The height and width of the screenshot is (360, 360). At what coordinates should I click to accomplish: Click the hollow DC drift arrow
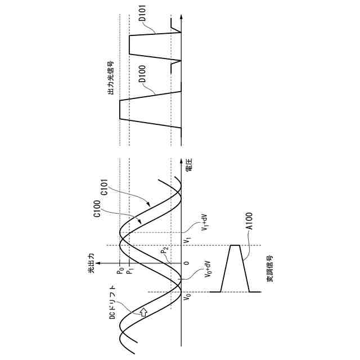tap(143, 310)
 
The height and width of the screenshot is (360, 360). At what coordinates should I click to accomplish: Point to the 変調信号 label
tap(270, 268)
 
